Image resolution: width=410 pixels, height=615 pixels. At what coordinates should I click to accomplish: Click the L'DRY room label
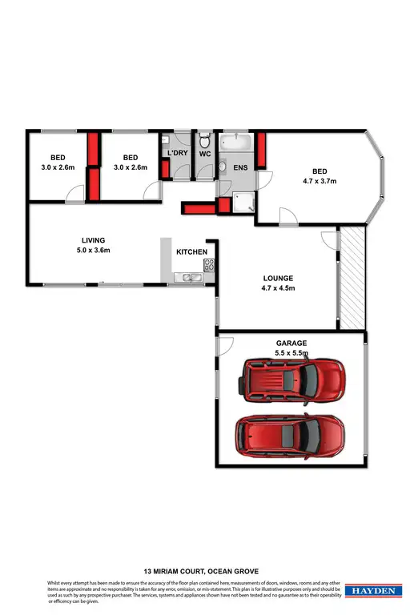pos(176,153)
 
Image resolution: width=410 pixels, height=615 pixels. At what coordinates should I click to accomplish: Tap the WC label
pos(204,153)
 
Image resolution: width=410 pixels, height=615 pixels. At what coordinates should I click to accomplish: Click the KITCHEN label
pos(192,252)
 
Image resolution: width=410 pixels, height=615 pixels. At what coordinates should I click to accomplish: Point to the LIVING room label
pos(94,239)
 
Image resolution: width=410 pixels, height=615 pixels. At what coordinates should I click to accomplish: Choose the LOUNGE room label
pos(279,279)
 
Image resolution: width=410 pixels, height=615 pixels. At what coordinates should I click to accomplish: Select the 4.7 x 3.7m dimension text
pos(320,182)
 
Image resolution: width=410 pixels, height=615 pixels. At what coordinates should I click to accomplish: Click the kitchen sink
pos(191,277)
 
